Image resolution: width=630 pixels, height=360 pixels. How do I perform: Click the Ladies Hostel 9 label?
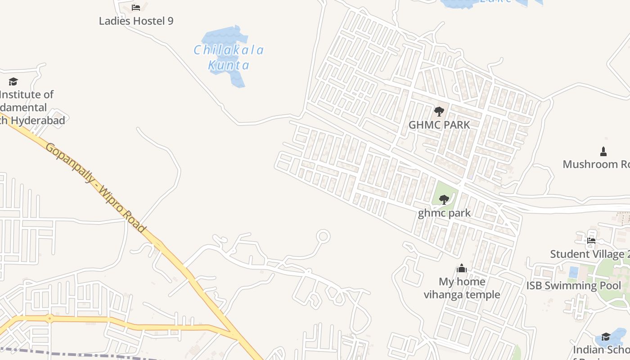[136, 21]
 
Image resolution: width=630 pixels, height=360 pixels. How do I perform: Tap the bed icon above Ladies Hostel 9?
[136, 8]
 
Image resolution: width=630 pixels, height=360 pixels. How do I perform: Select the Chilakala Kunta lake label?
[229, 57]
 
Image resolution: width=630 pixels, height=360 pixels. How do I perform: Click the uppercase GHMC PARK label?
[439, 125]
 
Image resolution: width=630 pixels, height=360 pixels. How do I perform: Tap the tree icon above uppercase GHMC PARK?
[439, 111]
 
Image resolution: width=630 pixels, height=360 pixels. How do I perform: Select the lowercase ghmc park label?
[444, 213]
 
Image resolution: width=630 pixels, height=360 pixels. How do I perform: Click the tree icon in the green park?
[444, 199]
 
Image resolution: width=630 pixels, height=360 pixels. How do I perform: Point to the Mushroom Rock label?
[596, 164]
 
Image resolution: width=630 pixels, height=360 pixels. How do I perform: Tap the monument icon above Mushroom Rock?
[603, 151]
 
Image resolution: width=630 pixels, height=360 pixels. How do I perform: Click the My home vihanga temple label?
[462, 288]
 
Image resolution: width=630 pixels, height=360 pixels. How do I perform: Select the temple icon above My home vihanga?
[462, 269]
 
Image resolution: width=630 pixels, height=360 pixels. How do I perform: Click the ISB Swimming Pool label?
[574, 285]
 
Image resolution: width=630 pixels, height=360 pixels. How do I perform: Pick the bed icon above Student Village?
[591, 241]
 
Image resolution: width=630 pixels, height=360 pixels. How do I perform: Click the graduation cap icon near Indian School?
[606, 337]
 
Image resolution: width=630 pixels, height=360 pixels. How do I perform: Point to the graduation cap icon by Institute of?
[13, 81]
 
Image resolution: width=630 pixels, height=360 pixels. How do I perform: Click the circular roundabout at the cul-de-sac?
[323, 236]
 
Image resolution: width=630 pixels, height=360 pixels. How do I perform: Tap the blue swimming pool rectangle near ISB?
[574, 272]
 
